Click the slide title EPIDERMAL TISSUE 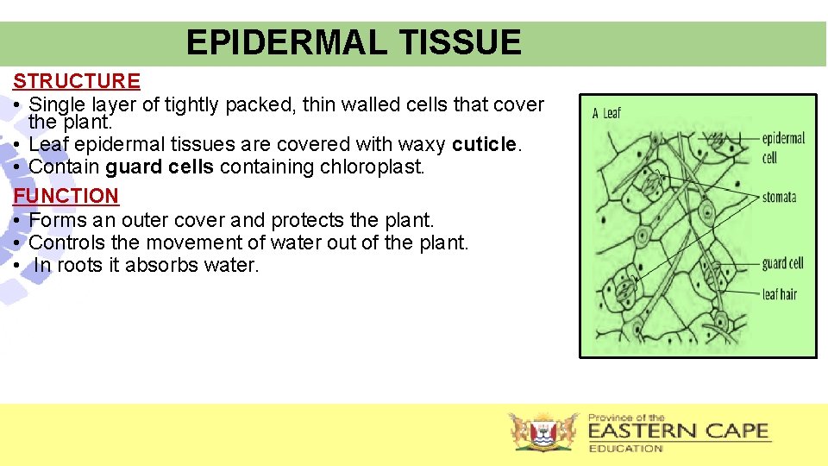[x=354, y=42]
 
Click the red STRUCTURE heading [x=77, y=81]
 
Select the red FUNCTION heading [x=66, y=196]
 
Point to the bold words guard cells [x=160, y=167]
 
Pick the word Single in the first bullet [x=58, y=104]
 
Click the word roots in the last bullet [x=80, y=265]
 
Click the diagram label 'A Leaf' [x=606, y=113]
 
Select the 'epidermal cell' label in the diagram [x=783, y=148]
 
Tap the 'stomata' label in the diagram [x=779, y=198]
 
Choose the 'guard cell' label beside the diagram [x=782, y=263]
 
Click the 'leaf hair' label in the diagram [x=779, y=294]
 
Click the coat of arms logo [x=544, y=431]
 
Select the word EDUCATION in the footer [x=625, y=448]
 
